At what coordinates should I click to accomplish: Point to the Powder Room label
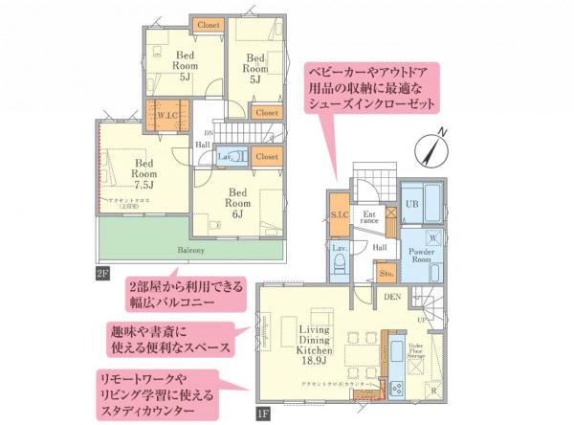tap(422, 256)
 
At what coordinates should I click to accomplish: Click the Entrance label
tap(370, 217)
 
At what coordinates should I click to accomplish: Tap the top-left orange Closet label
tap(209, 24)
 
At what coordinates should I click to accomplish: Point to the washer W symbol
tap(432, 235)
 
